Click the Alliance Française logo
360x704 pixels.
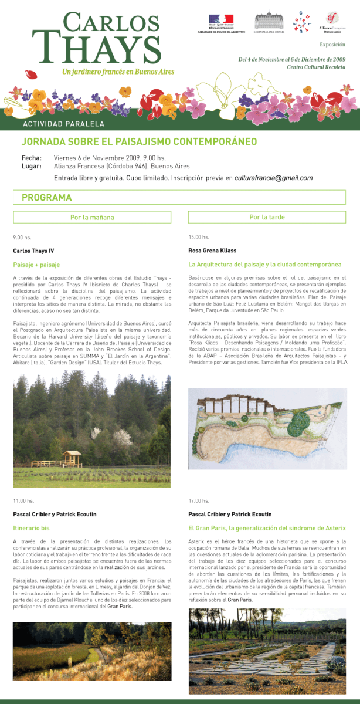coord(334,22)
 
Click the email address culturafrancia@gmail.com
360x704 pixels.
coord(273,178)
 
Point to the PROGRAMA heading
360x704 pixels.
coord(47,198)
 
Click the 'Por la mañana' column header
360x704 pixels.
coord(92,217)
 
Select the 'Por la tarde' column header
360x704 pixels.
coord(267,217)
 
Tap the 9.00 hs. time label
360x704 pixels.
coord(22,238)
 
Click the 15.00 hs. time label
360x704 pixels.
coord(199,238)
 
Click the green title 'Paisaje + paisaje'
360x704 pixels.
coord(36,265)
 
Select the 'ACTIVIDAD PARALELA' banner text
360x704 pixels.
coord(63,124)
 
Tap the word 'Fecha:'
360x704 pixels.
coord(32,158)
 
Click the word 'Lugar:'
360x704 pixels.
coord(32,166)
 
